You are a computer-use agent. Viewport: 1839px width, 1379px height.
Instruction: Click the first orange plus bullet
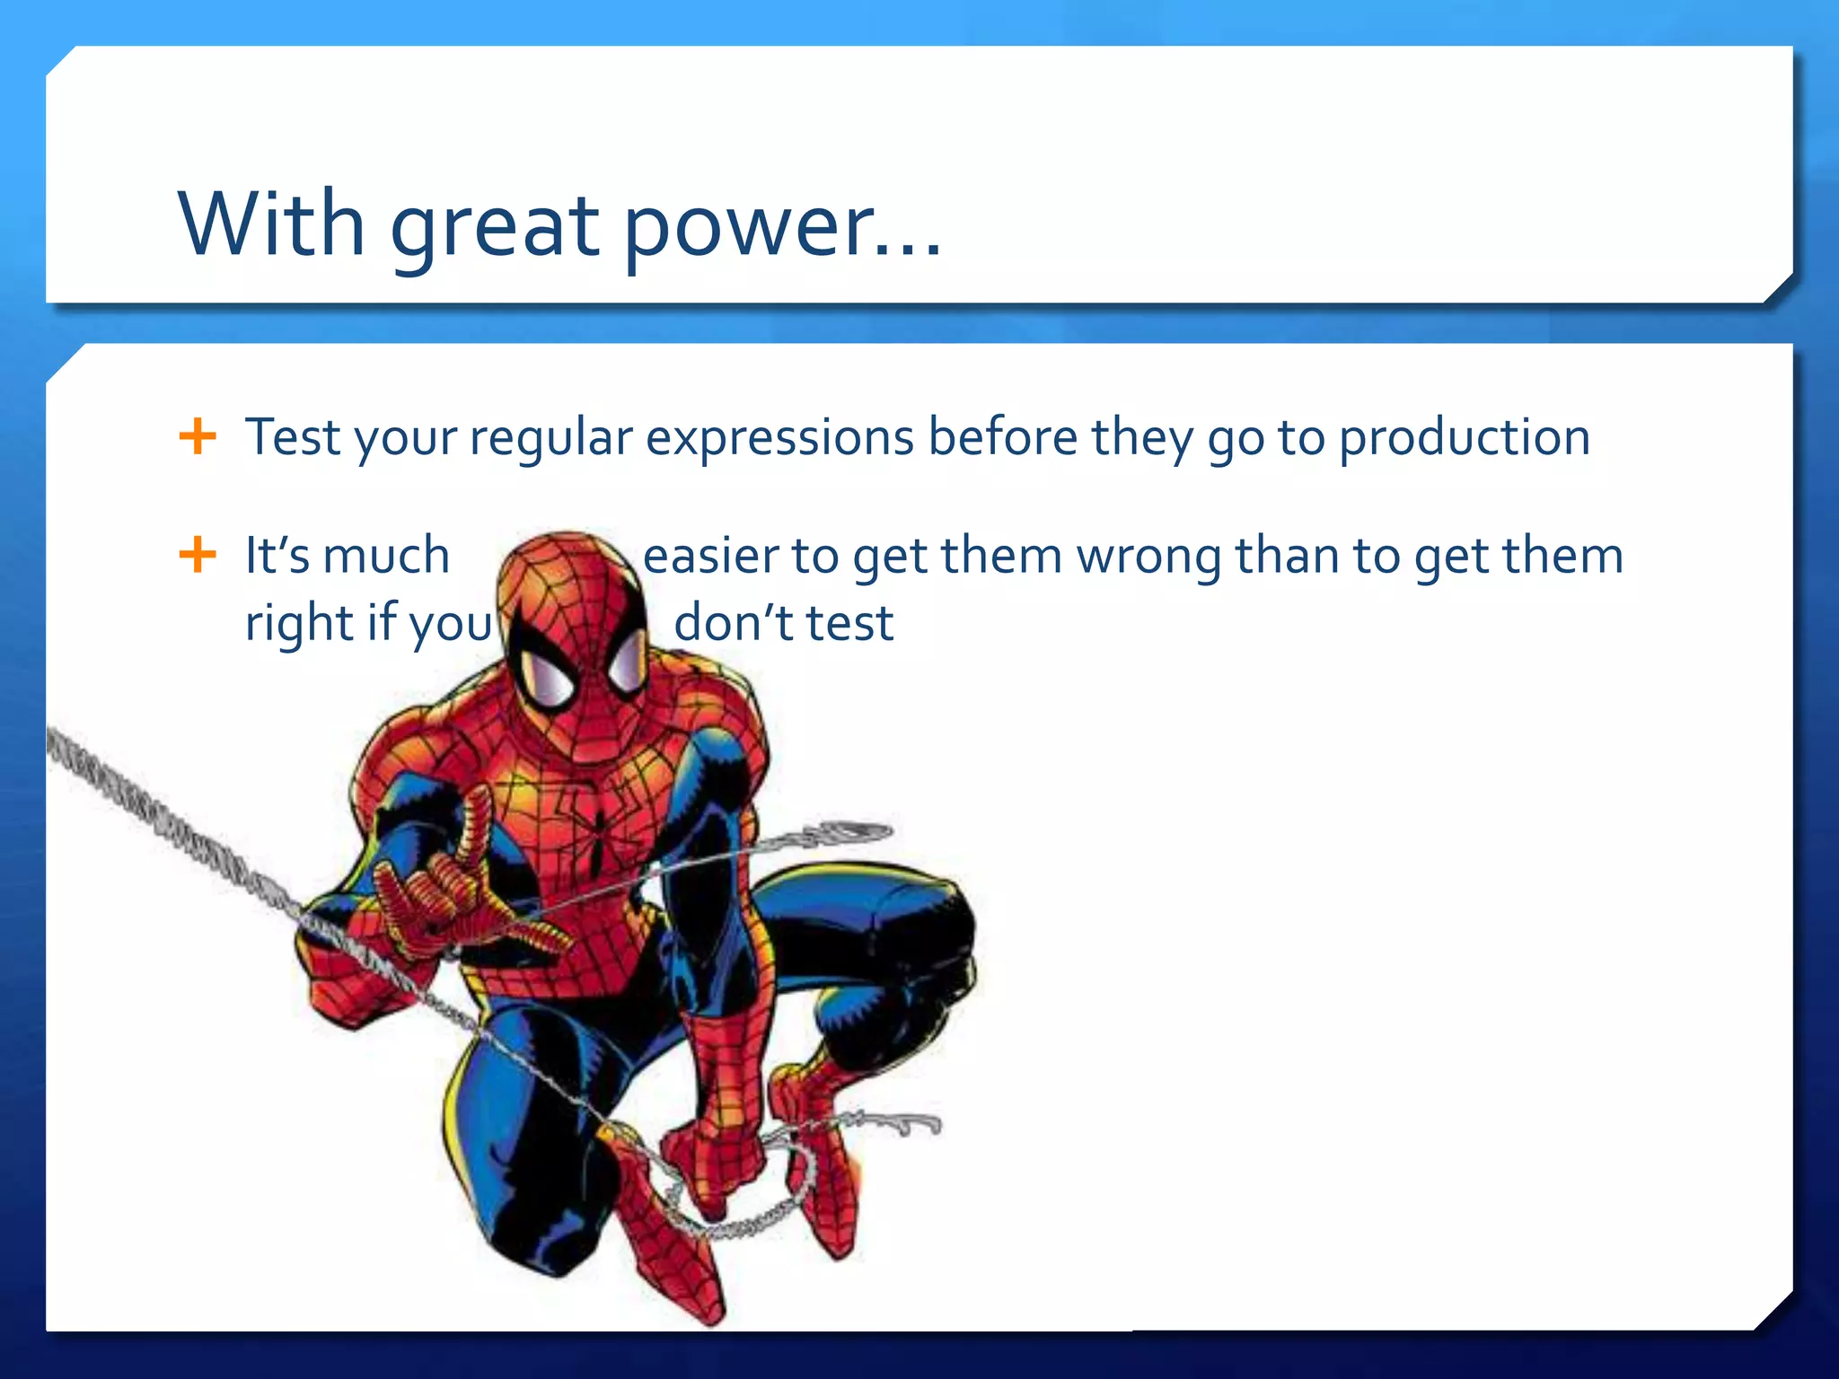(198, 436)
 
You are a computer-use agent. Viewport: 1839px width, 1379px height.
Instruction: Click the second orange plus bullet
(198, 554)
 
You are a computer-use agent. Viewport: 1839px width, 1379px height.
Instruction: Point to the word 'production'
(1465, 438)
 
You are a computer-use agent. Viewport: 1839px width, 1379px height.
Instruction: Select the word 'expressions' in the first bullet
(779, 438)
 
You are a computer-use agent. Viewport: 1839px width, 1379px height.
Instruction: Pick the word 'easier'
(709, 555)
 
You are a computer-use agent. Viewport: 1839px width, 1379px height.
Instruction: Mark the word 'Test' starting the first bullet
(292, 437)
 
